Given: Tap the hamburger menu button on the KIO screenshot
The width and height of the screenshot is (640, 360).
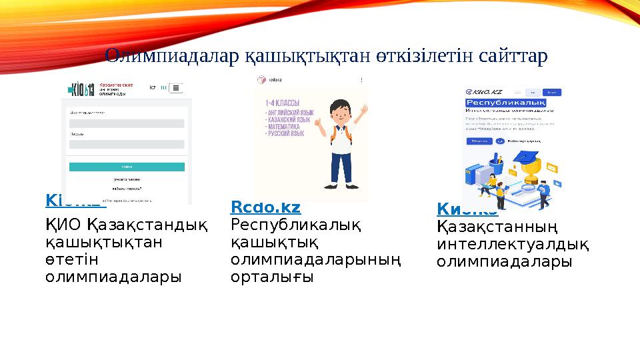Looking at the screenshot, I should point(177,88).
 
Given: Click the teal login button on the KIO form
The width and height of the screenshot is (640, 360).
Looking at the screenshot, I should point(127,166).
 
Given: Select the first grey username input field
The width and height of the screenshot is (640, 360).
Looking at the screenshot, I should point(127,123).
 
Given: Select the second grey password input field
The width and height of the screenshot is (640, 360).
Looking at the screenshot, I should point(127,144).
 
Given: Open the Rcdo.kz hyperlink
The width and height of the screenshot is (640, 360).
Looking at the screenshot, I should point(265,207).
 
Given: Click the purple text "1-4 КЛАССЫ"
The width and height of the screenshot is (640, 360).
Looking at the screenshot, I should point(282,103).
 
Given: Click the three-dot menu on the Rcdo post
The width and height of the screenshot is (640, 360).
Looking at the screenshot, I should point(362,80).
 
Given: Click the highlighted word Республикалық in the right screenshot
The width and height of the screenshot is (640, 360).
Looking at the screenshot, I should point(505,103).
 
